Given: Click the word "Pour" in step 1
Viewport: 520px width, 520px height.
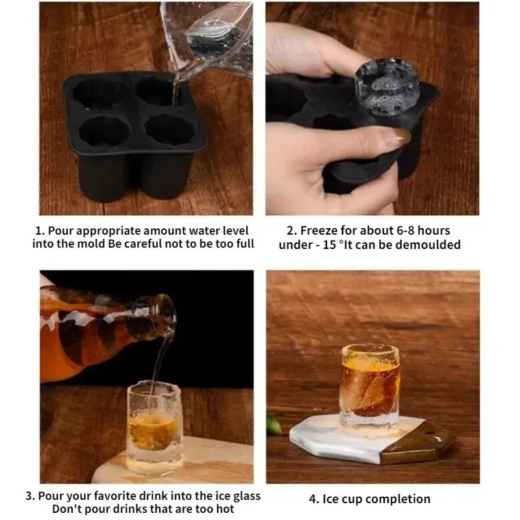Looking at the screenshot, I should click(x=62, y=231).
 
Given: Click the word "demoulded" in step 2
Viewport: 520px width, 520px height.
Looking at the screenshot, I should click(x=432, y=244).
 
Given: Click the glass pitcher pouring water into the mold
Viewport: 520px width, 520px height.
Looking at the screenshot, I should click(x=208, y=36).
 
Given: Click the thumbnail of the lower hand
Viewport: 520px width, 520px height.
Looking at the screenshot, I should click(x=395, y=136).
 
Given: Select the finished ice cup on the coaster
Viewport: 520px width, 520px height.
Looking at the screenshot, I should click(x=370, y=386).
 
